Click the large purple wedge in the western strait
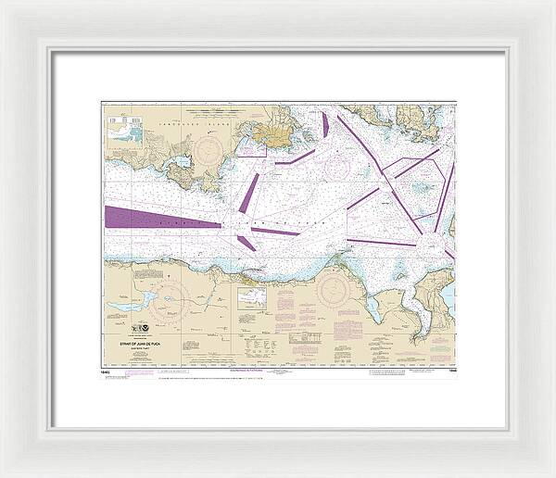148,218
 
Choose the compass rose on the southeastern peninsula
331,292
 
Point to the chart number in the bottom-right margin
450,370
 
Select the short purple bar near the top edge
325,125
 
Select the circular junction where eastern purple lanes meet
430,243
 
